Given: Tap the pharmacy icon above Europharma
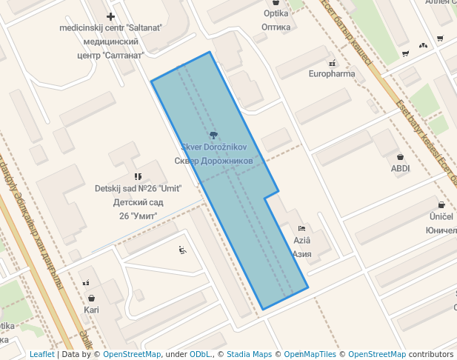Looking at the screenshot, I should point(332,63).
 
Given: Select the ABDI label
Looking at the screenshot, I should point(400,168).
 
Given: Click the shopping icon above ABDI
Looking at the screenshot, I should point(401,157).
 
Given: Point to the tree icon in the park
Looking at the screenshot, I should point(214,135).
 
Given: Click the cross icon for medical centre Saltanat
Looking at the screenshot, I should point(110,16).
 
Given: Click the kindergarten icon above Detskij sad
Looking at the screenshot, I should point(137,176).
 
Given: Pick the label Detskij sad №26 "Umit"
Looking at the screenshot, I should point(138,188).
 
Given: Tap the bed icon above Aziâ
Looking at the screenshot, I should point(301,228).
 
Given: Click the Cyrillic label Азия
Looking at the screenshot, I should point(301,253).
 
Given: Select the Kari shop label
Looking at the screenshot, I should point(91,310).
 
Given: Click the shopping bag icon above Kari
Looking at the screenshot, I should point(91,299).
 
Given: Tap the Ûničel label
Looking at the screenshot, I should point(441,216).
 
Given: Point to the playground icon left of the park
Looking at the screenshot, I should point(182,250).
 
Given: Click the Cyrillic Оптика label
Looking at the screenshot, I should point(276,27).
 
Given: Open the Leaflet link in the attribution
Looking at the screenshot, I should point(41,354).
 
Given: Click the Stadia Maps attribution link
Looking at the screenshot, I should point(249,354).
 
